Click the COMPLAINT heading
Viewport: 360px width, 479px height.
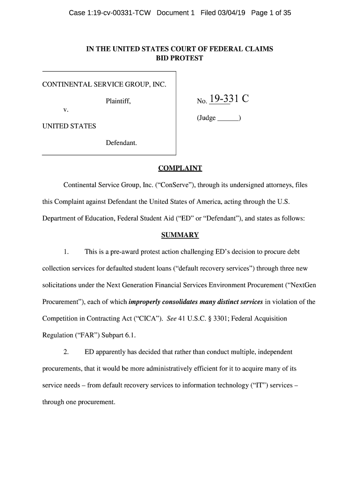[x=180, y=168]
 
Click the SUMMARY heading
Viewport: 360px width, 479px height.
[x=180, y=235]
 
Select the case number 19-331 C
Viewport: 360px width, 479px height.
[x=229, y=99]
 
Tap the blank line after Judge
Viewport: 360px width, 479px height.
[x=228, y=118]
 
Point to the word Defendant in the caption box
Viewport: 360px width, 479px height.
[x=121, y=143]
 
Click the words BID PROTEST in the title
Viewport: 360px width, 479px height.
[x=180, y=58]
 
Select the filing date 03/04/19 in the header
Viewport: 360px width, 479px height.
[x=232, y=13]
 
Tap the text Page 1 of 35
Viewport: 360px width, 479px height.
[x=271, y=13]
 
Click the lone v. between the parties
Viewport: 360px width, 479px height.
[x=66, y=110]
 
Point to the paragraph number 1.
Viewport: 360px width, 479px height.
[x=66, y=252]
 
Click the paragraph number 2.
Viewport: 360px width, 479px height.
[x=66, y=352]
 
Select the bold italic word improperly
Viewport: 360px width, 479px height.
[x=145, y=302]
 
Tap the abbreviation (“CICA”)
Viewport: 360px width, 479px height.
[x=145, y=319]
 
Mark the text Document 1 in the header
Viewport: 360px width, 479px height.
[x=175, y=13]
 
